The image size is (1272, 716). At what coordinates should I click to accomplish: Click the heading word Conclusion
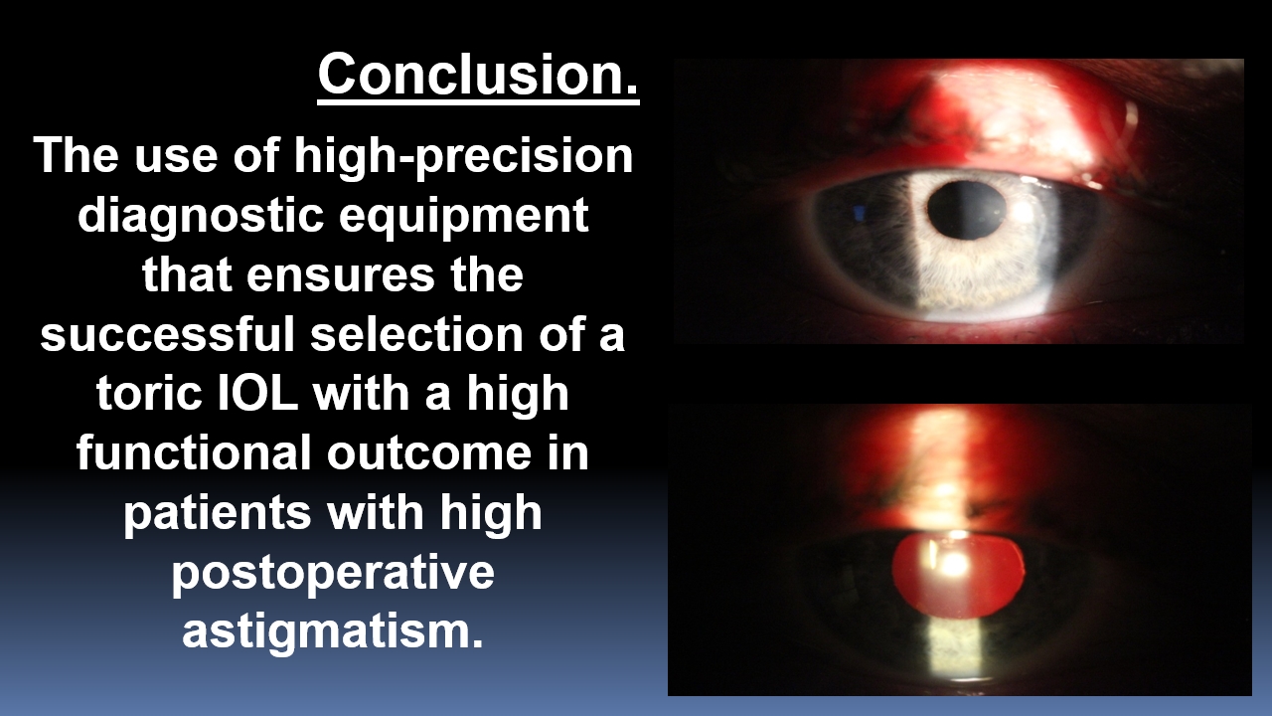click(478, 75)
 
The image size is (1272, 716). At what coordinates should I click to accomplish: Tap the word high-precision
click(463, 156)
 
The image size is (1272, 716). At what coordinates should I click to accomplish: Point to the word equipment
click(463, 216)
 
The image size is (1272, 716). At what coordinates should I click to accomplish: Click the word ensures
click(341, 274)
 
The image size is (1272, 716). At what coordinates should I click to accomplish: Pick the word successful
click(168, 333)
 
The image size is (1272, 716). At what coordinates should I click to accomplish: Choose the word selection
click(416, 333)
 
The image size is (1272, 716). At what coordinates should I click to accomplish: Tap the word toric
click(149, 393)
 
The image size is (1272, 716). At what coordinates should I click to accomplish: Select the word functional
click(194, 452)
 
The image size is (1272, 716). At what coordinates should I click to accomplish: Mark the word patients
click(218, 512)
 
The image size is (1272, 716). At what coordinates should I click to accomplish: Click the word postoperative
click(333, 573)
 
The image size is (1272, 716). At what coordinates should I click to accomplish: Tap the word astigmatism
click(333, 631)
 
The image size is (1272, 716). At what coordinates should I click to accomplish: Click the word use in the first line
click(176, 157)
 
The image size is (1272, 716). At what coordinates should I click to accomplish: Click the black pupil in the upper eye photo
click(966, 210)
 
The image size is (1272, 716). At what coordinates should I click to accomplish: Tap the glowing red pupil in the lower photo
click(959, 575)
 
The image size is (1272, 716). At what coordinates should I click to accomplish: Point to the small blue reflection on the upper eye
click(860, 213)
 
